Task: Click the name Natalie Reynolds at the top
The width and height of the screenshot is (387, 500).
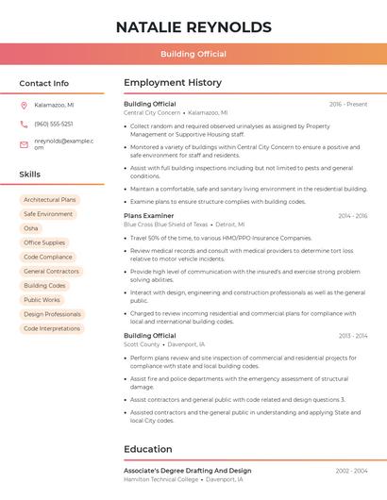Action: tap(193, 27)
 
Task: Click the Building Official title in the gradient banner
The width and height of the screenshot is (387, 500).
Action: tap(193, 54)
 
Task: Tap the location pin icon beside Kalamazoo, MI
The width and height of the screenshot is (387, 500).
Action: tap(24, 105)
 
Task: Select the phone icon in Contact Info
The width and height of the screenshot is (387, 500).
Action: tap(24, 124)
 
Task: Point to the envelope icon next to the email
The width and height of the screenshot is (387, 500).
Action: tap(24, 144)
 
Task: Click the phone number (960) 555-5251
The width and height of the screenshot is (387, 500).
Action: tap(53, 124)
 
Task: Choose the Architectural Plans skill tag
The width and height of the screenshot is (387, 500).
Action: tap(49, 200)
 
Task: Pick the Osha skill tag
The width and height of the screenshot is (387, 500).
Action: tap(31, 228)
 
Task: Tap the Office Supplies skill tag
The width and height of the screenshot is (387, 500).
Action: tap(44, 242)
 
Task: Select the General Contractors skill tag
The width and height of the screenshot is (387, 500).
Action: tap(51, 272)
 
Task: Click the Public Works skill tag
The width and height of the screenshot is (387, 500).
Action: tap(42, 300)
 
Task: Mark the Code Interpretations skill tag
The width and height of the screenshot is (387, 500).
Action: tap(52, 328)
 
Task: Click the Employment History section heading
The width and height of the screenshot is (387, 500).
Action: tap(173, 83)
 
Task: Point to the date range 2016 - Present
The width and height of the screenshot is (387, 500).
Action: tap(348, 104)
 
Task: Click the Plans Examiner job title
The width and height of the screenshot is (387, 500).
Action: tap(149, 216)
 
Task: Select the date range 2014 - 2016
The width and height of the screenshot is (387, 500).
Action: tap(352, 216)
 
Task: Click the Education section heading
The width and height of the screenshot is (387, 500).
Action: tap(149, 449)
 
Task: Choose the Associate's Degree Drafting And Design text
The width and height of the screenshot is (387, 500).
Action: tap(188, 470)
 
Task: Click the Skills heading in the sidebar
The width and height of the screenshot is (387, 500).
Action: tap(30, 175)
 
